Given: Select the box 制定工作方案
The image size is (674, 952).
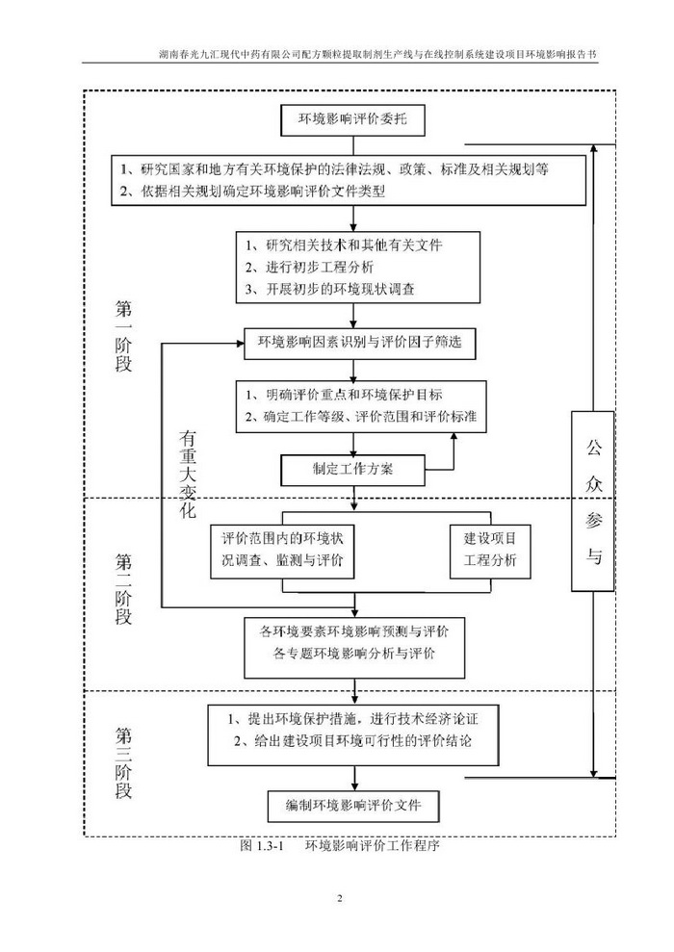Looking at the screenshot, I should pyautogui.click(x=352, y=470).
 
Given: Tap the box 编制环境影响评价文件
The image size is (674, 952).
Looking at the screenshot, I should pyautogui.click(x=354, y=804).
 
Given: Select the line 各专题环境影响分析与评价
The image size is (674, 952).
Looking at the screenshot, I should pyautogui.click(x=354, y=655).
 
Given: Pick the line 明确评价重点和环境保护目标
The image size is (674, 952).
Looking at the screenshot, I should pyautogui.click(x=343, y=395).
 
